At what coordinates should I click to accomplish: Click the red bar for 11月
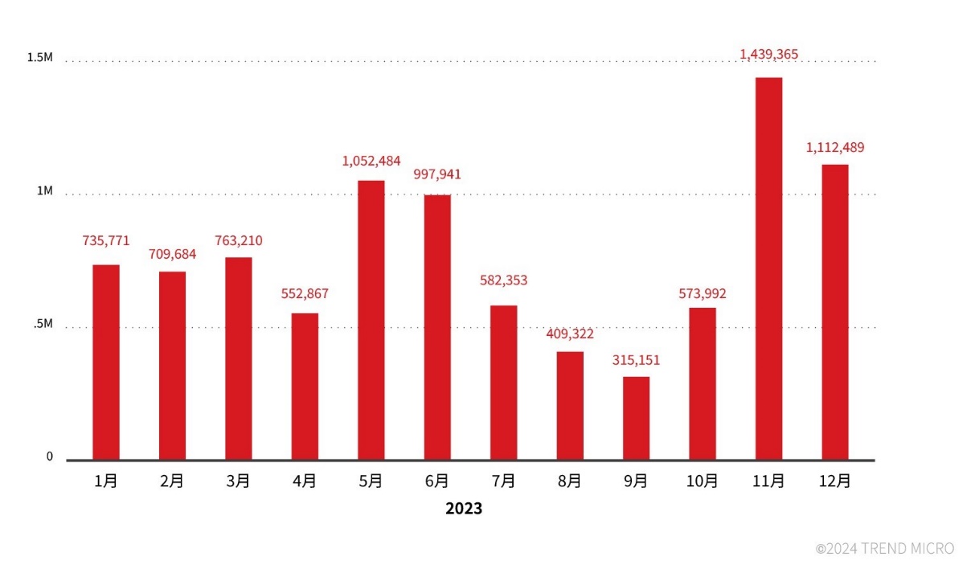click(768, 268)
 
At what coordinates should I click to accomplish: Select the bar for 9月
click(636, 418)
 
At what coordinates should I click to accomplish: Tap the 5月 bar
click(371, 320)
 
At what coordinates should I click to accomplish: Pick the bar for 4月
click(305, 386)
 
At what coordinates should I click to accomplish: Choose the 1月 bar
click(106, 362)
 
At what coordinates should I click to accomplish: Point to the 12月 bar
click(834, 312)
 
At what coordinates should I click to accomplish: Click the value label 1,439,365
click(768, 54)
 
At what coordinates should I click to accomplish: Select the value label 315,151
click(636, 360)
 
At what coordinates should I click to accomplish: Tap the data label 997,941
click(437, 174)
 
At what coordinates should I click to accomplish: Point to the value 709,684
click(172, 254)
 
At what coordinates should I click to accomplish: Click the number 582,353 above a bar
click(503, 280)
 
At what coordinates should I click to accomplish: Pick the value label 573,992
click(702, 294)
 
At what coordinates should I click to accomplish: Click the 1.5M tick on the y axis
click(39, 58)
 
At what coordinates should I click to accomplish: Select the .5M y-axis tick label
click(43, 324)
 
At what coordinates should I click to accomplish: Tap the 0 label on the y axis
click(49, 456)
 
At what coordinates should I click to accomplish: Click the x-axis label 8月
click(569, 481)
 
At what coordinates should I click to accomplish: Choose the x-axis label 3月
click(238, 481)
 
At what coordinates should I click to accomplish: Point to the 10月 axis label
click(702, 481)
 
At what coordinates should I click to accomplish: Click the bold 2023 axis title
click(464, 509)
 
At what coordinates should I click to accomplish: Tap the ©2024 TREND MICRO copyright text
click(884, 549)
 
